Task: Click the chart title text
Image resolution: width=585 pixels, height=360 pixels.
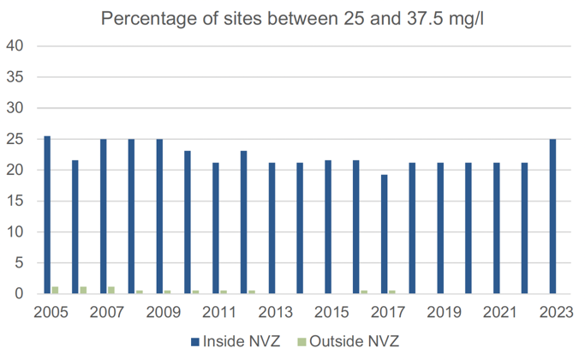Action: click(292, 18)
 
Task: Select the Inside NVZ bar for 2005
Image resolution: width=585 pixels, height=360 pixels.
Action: click(47, 214)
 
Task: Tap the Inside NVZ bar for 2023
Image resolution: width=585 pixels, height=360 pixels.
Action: click(552, 216)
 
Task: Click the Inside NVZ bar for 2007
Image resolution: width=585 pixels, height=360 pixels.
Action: click(103, 216)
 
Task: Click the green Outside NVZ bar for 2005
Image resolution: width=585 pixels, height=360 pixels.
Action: click(56, 291)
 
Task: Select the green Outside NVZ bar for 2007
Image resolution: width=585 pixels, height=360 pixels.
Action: click(111, 291)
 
